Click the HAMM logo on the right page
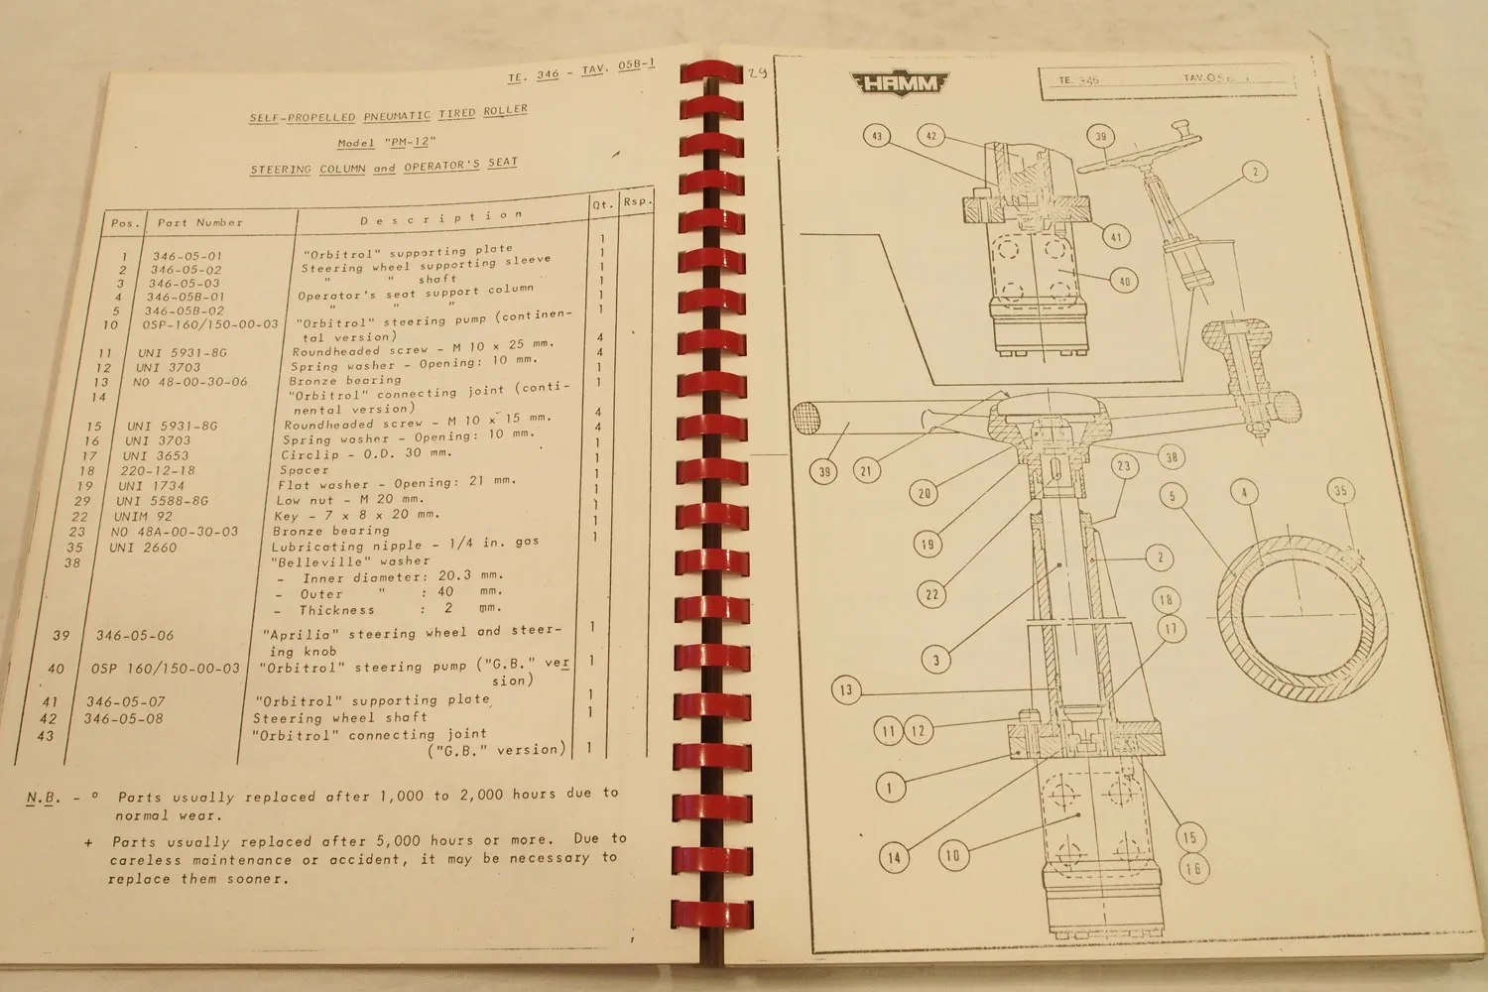pos(899,84)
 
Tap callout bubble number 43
pos(876,136)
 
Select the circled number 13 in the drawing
pos(845,690)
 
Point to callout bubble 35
pos(1340,491)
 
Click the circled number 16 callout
pos(1192,869)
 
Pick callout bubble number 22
pos(930,595)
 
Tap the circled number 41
pos(1117,237)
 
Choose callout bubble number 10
pos(953,855)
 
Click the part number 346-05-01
pos(187,256)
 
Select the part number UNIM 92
pos(143,516)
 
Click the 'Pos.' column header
pos(126,223)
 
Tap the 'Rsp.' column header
pos(635,201)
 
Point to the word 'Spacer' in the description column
pos(304,470)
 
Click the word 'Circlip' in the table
pos(310,454)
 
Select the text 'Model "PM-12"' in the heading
pos(386,143)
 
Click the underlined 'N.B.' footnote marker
pos(44,798)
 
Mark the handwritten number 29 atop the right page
pos(758,71)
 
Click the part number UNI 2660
pos(143,548)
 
